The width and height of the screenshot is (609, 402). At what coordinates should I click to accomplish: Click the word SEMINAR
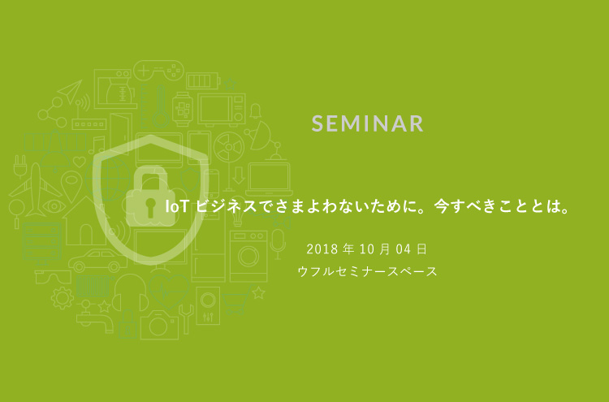tap(368, 123)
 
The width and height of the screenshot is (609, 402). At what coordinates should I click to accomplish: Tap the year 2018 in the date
tap(322, 248)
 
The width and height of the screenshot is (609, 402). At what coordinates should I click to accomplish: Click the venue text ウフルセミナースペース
tap(368, 271)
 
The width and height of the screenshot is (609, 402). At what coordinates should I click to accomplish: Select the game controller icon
tap(157, 72)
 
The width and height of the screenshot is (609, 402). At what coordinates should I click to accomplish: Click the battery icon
tap(204, 80)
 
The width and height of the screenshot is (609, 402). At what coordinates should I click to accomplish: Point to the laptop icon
tap(269, 179)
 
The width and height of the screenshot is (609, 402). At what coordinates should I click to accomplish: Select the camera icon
tap(159, 326)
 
